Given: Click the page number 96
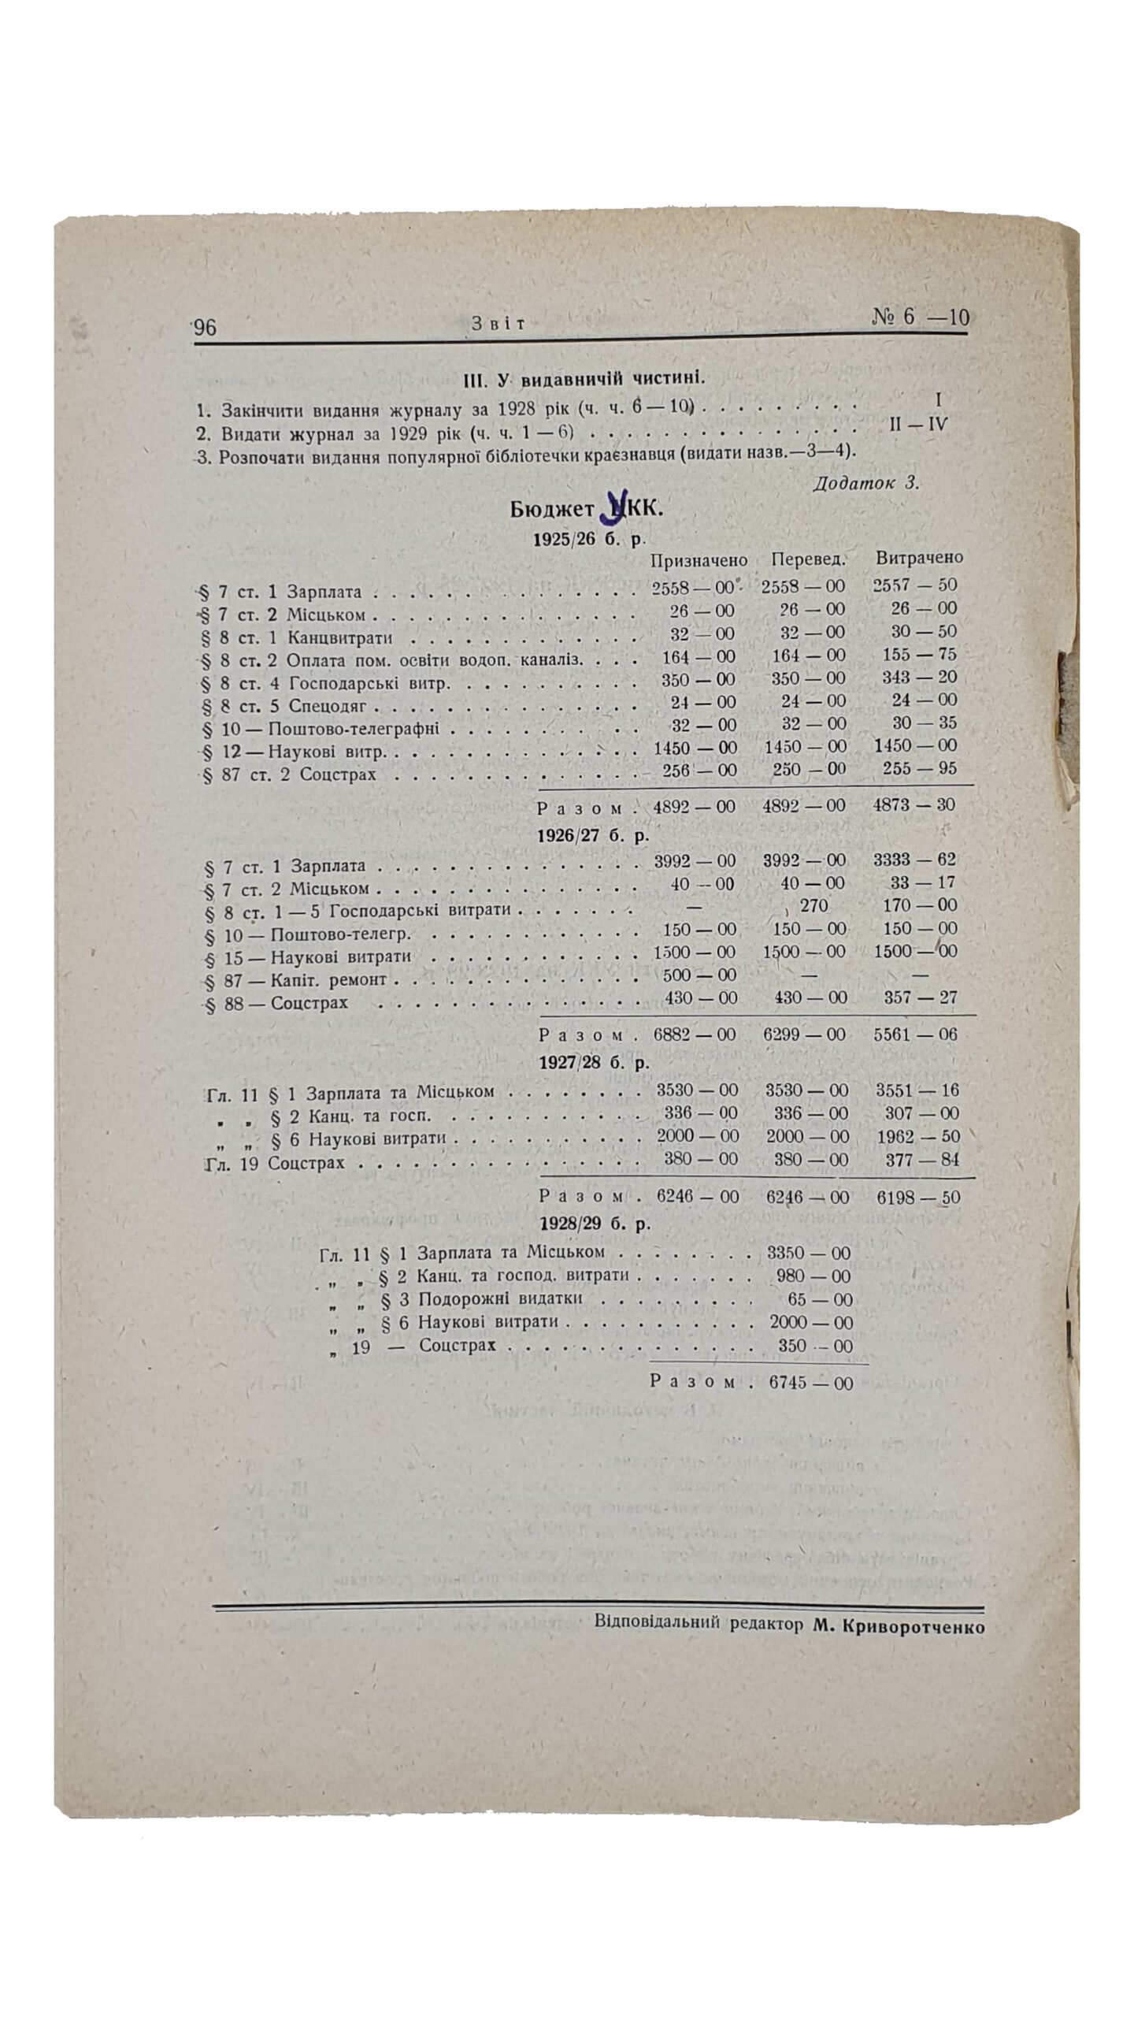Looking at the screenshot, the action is [x=205, y=328].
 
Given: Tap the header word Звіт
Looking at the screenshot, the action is [x=498, y=324].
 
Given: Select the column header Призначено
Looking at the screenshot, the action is [x=699, y=559].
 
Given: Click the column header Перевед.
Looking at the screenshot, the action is [x=809, y=559].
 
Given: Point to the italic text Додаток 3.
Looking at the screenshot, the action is [x=866, y=483].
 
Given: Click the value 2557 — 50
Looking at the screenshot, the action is [x=915, y=585].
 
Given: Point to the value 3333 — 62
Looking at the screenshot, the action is [x=916, y=860].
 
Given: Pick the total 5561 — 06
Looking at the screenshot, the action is [x=916, y=1034].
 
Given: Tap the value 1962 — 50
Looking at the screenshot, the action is [x=917, y=1137].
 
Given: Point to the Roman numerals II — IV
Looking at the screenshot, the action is [x=917, y=424].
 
